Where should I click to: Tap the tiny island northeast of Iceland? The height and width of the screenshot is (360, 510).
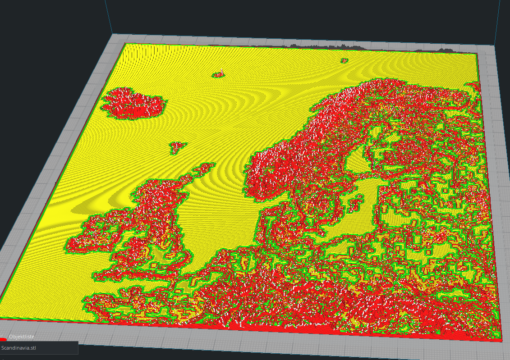tap(220, 74)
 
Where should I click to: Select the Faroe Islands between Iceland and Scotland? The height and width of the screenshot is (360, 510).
tap(178, 146)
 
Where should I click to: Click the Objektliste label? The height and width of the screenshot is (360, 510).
tap(22, 337)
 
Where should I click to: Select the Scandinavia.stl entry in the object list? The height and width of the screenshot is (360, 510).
tap(18, 348)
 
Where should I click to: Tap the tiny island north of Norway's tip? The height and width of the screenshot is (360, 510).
tap(345, 60)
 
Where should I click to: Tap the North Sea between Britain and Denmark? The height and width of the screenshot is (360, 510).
tap(216, 216)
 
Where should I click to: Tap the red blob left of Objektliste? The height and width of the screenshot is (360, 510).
tap(3, 338)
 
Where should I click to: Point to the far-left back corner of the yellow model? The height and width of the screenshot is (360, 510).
tap(124, 44)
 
